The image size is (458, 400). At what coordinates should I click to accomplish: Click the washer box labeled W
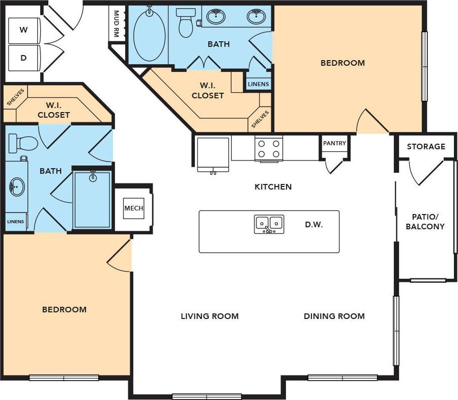23,30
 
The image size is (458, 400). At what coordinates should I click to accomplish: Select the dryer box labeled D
23,58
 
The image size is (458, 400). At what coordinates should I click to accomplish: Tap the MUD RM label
117,24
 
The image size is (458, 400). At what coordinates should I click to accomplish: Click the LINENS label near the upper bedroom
258,84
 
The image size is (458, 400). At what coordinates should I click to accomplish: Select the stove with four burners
268,148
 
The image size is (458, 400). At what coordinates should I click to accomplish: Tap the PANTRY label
334,143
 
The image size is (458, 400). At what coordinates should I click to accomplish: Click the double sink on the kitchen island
269,224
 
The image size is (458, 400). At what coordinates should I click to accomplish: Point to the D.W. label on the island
314,224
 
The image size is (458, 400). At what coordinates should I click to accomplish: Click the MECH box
133,208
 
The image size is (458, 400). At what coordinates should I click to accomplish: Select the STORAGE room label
426,146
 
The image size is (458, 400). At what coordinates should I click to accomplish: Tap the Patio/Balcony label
425,222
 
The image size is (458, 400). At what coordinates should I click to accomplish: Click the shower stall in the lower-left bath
92,200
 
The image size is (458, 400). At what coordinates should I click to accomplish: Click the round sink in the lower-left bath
16,187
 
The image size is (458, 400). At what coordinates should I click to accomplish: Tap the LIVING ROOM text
210,316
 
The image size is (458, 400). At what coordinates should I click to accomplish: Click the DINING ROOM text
334,316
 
